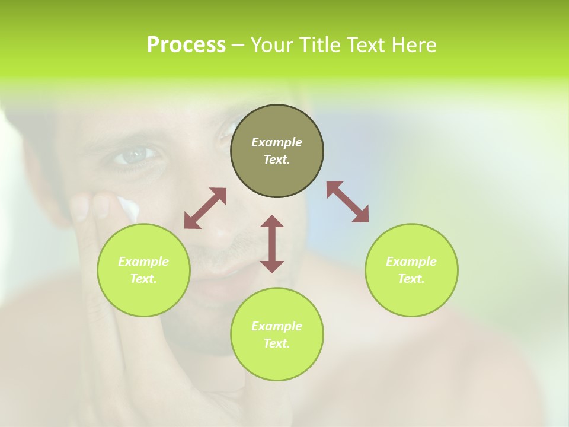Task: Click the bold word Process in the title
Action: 186,45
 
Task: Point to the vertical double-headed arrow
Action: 272,244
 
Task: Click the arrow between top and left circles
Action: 205,208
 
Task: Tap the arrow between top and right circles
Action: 348,202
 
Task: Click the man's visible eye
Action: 134,155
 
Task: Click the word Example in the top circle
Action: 277,142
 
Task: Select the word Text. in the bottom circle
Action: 277,343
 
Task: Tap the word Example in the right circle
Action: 411,262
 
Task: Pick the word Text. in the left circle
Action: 143,279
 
